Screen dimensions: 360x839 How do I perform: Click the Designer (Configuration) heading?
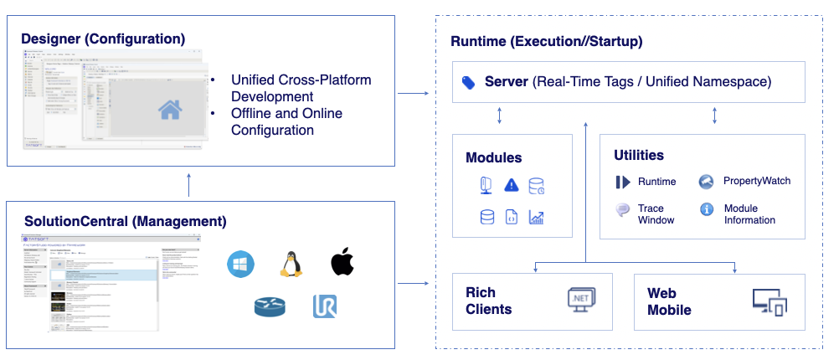tap(103, 39)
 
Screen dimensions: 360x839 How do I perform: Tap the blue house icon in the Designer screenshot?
tap(170, 109)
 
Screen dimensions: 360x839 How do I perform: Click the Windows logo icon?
tap(240, 264)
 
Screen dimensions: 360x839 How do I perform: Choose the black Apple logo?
tap(342, 262)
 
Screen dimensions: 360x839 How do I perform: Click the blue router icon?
tap(270, 307)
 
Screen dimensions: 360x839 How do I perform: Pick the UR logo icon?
tap(325, 306)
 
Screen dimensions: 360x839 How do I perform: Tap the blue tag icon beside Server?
tap(469, 82)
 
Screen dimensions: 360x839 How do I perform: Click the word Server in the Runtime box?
tap(507, 82)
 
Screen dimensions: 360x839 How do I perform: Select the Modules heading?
tap(493, 157)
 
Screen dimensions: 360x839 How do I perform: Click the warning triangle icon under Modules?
tap(512, 185)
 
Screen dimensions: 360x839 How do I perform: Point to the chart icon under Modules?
tap(537, 218)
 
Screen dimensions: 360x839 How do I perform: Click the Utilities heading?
tap(639, 155)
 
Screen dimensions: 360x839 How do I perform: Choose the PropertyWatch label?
tap(756, 181)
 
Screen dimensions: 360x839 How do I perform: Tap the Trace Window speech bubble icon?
tap(623, 209)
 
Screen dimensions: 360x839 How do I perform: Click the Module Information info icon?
tap(706, 209)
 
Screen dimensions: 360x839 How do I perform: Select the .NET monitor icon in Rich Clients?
tap(580, 298)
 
